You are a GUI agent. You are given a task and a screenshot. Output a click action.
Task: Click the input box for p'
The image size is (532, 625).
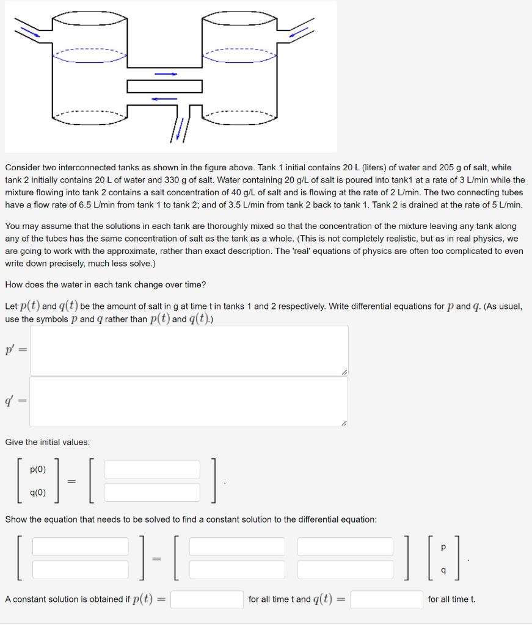189,350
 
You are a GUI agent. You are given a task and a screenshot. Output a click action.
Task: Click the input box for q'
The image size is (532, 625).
189,402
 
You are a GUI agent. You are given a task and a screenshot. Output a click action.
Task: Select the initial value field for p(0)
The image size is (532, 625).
152,469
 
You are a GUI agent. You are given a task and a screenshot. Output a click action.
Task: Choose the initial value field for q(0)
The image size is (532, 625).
152,492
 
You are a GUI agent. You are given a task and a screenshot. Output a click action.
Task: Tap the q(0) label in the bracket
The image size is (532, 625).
38,493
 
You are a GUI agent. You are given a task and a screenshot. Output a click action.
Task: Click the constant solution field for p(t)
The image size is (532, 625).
207,599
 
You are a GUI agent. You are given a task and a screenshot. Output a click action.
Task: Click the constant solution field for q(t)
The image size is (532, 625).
387,599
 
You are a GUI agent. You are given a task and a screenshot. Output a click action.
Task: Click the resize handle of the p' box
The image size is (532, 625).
344,372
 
